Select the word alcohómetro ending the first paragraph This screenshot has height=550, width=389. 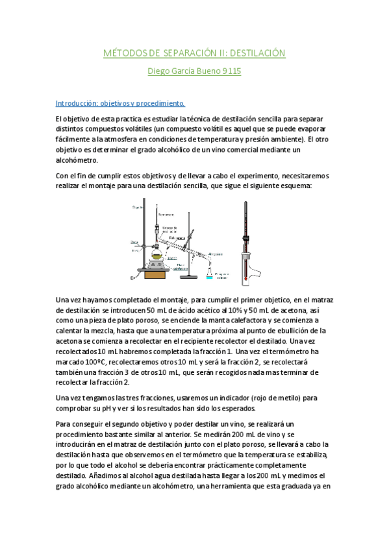(77, 160)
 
